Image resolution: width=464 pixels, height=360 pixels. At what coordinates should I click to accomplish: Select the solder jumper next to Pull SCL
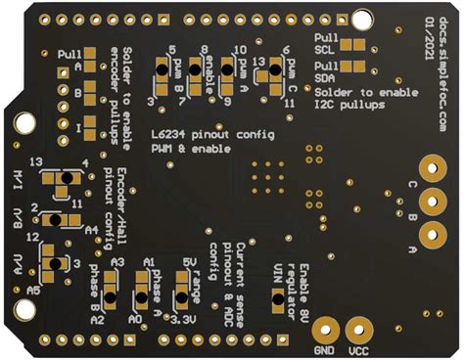(x=352, y=45)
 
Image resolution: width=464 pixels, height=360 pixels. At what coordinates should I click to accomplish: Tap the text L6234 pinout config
(x=206, y=133)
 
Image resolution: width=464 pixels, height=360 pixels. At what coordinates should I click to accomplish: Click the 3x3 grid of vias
(x=263, y=179)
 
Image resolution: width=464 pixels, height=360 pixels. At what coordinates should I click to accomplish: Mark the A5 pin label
(x=32, y=291)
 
